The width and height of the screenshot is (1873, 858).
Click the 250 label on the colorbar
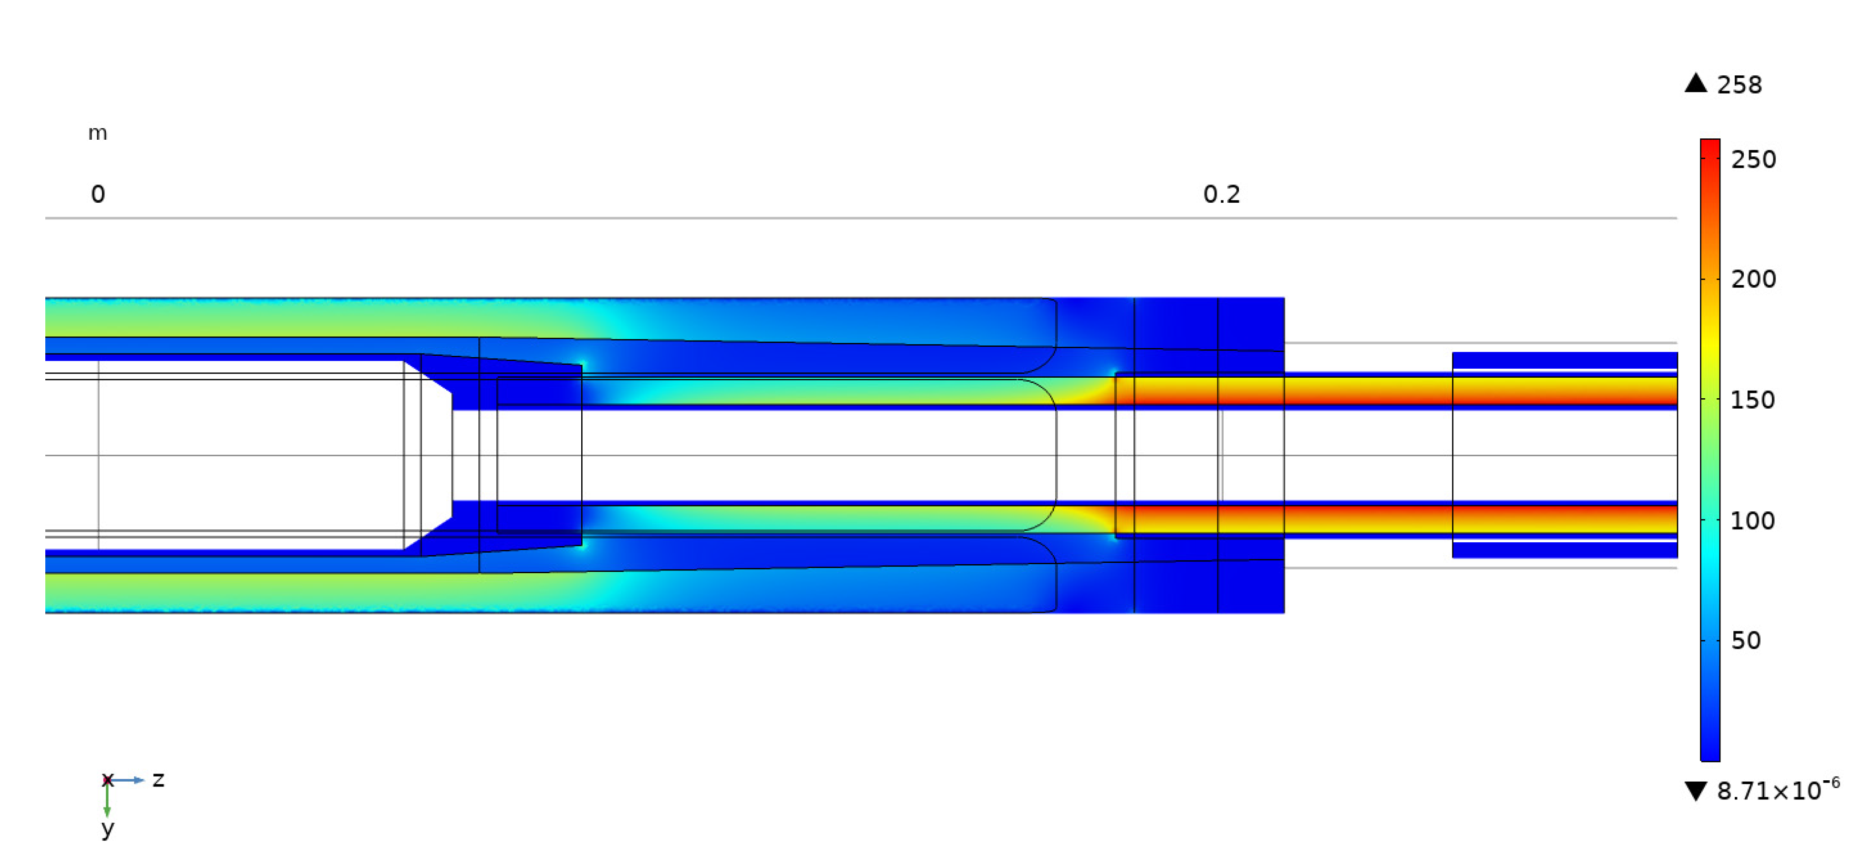(1753, 159)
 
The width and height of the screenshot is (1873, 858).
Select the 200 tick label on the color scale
(1753, 279)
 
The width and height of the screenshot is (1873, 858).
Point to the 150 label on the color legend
(1752, 400)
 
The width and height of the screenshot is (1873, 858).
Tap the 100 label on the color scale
(1752, 521)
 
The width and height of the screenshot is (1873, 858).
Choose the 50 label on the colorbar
(1746, 641)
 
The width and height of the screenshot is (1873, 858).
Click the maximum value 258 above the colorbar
(1739, 85)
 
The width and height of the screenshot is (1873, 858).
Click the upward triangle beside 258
(1696, 83)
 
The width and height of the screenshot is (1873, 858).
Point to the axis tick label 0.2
(1222, 194)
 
